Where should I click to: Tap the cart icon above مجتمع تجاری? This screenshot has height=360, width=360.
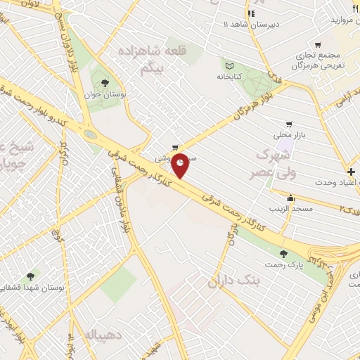coord(319,45)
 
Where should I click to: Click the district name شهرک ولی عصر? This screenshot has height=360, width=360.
coord(261,162)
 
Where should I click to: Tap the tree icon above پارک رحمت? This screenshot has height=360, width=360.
coord(283,253)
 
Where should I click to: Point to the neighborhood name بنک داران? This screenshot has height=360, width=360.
coord(234,282)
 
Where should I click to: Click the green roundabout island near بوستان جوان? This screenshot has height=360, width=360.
coord(89,134)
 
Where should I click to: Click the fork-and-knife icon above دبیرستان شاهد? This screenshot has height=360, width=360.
coord(251,13)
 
